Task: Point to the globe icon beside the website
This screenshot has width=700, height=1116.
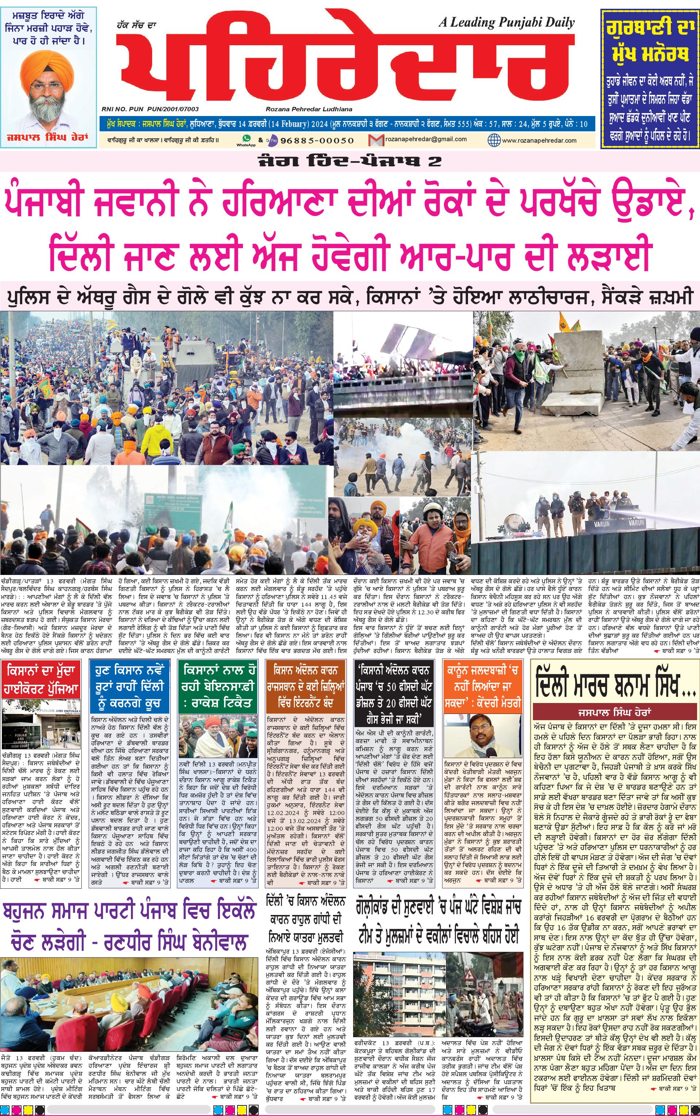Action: (494, 139)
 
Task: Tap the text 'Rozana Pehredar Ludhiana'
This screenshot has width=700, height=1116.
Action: (309, 109)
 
